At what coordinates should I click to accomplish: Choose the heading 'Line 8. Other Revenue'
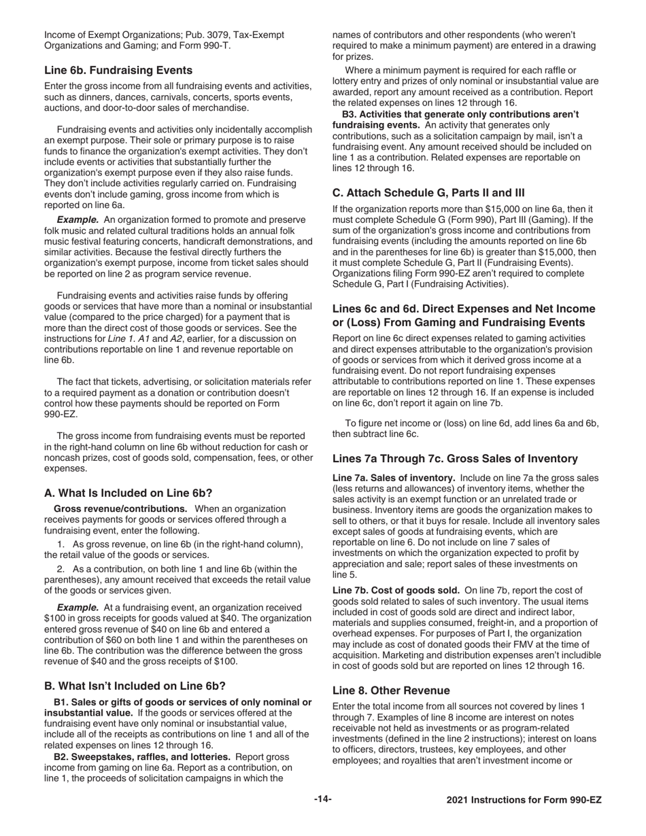[391, 690]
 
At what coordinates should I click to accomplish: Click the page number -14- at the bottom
[323, 799]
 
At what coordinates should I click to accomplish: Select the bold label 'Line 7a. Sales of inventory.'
[394, 478]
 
